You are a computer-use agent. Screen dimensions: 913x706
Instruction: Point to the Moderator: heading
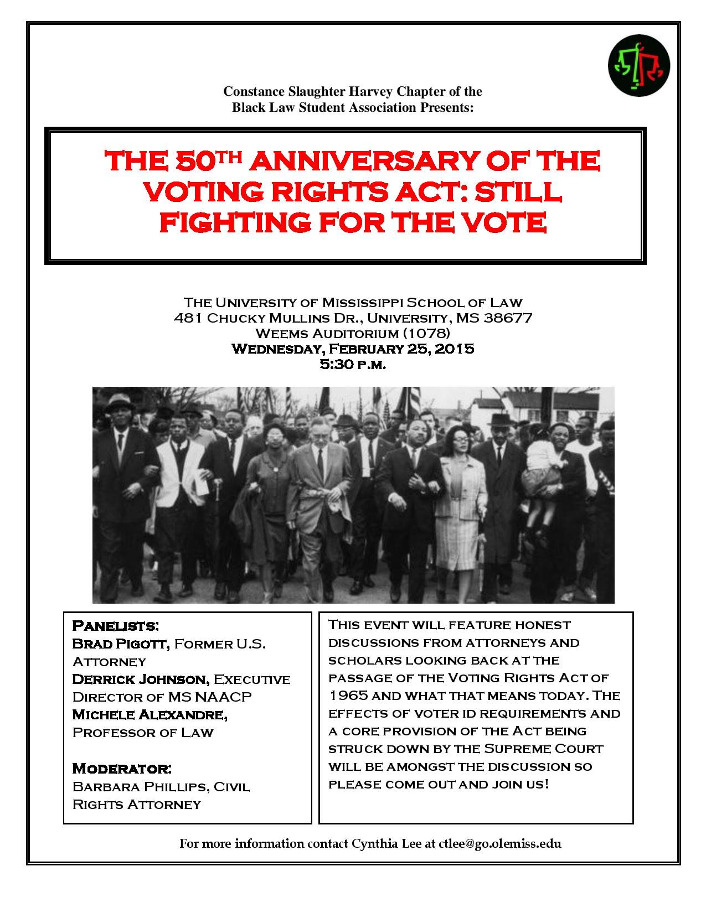pyautogui.click(x=122, y=769)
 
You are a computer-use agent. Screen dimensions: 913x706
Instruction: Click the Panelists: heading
pyautogui.click(x=116, y=626)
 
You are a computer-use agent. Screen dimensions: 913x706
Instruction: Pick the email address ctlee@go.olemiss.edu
pyautogui.click(x=499, y=844)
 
